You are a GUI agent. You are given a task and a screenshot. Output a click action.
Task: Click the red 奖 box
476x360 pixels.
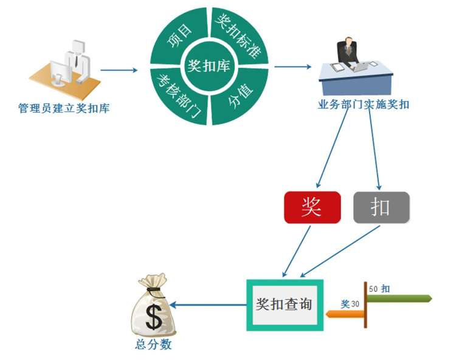312,208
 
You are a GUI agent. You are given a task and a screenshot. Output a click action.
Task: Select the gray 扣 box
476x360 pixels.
381,208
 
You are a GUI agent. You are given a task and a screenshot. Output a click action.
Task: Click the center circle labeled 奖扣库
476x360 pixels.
209,66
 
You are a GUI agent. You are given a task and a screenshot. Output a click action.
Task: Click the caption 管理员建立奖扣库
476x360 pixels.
64,109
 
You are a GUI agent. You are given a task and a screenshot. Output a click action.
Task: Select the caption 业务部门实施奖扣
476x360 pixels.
364,104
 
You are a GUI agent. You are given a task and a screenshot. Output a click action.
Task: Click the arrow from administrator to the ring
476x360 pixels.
119,70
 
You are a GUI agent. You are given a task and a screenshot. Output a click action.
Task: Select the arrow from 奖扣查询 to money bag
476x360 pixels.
208,304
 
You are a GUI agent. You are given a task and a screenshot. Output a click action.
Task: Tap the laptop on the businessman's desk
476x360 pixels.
363,66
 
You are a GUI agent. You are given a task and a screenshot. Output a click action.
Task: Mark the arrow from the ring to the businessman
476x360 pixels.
292,67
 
